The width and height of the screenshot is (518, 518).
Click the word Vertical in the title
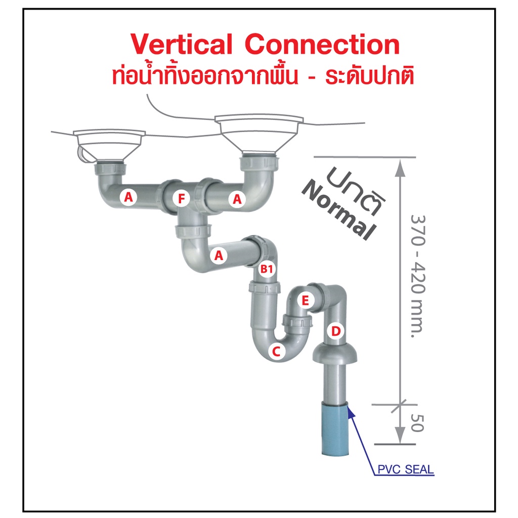tap(182, 45)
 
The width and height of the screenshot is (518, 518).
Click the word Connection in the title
tap(322, 45)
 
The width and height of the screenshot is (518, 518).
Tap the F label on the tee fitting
tap(181, 199)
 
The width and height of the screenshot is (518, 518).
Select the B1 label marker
tap(267, 270)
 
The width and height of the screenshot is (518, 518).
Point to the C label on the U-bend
tap(276, 351)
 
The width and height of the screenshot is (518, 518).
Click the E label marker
tap(305, 301)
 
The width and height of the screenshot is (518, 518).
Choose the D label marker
tap(335, 332)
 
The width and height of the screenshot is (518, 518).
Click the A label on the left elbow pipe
tap(128, 198)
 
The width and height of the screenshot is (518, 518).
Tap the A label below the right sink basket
tap(236, 199)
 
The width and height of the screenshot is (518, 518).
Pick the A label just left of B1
tap(219, 256)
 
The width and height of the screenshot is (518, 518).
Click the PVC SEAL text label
tap(405, 469)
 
